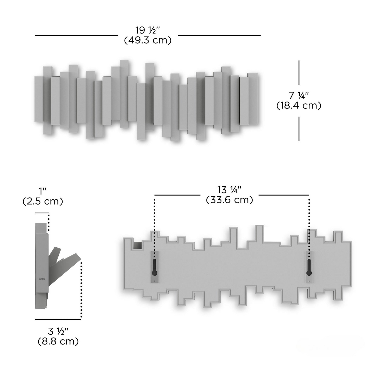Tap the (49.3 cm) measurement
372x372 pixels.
[148, 40]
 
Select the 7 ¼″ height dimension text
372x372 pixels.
[299, 96]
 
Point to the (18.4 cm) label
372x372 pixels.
[299, 106]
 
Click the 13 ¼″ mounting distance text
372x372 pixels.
[229, 190]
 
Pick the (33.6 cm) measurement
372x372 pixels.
[229, 200]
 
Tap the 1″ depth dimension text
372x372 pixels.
[43, 191]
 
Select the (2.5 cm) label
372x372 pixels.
[43, 201]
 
